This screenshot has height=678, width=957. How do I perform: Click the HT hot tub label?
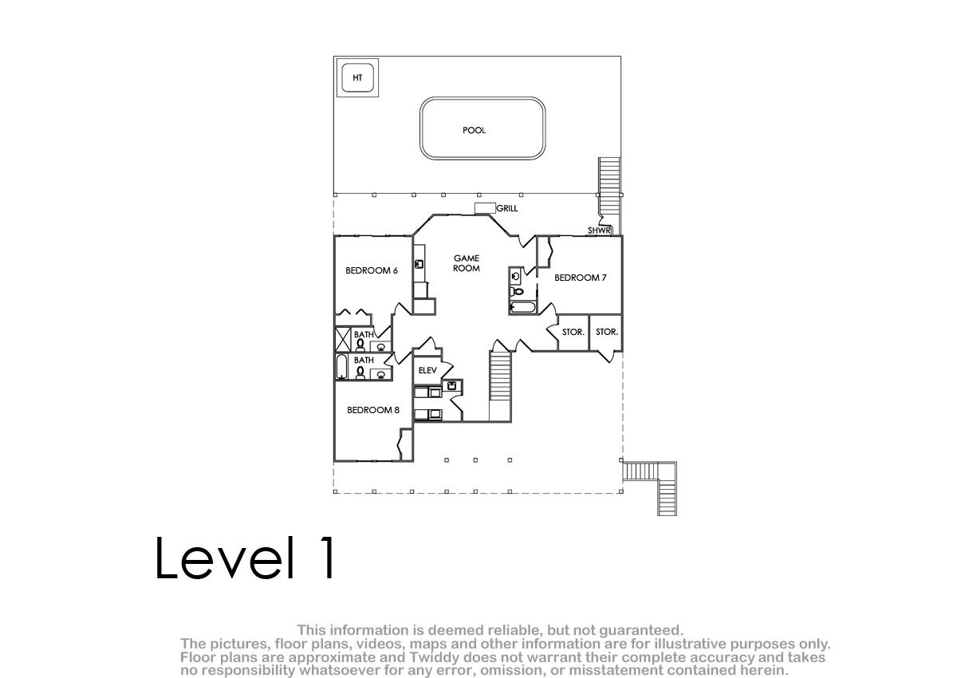(x=357, y=77)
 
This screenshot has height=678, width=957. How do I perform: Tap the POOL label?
(x=474, y=130)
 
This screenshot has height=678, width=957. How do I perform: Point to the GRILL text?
(x=507, y=208)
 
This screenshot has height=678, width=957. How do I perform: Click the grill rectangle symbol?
(x=485, y=208)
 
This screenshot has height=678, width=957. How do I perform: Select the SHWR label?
(x=599, y=231)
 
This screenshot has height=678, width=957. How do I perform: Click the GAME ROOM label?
(x=467, y=263)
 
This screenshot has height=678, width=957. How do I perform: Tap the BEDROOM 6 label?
(x=372, y=270)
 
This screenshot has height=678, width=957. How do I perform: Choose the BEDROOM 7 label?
(x=581, y=278)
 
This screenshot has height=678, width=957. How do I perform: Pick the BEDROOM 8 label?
(x=373, y=410)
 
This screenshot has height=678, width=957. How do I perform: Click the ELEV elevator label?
(x=427, y=370)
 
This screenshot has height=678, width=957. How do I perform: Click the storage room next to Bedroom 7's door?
(x=573, y=333)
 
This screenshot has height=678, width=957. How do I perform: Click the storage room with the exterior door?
(x=606, y=333)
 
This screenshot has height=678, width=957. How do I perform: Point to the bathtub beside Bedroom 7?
(x=522, y=308)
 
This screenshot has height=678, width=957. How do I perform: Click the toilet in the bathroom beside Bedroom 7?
(x=517, y=292)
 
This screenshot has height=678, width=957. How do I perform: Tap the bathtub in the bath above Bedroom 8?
(x=341, y=367)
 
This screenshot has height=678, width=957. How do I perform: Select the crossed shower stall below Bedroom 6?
(x=343, y=339)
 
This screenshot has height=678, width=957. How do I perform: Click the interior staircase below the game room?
(x=500, y=376)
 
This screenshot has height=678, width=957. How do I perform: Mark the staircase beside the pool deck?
(x=609, y=187)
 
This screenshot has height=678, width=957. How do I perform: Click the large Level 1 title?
(x=246, y=558)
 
